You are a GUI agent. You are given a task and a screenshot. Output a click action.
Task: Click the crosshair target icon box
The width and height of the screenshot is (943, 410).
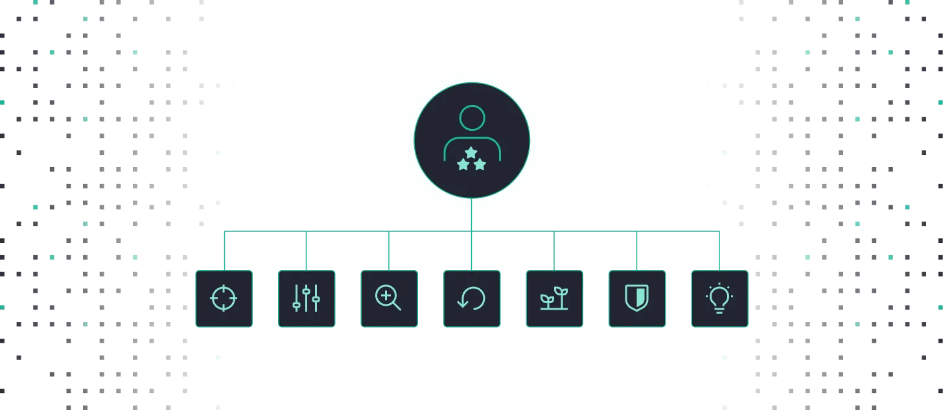click(x=224, y=299)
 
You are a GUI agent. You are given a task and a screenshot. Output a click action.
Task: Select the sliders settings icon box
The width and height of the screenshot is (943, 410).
click(x=307, y=299)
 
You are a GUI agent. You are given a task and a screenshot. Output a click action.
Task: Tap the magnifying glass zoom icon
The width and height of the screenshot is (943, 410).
click(x=388, y=299)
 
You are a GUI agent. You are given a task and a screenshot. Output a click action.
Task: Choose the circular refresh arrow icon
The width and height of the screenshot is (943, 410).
click(x=471, y=299)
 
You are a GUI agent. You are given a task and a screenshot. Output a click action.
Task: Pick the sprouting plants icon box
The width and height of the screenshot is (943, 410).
click(x=554, y=299)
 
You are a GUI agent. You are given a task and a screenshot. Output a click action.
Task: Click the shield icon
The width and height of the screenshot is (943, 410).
click(x=636, y=299)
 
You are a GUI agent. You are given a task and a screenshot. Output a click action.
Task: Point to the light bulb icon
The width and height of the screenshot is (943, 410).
click(x=719, y=299)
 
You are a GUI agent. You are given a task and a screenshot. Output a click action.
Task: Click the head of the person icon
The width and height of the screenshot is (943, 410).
click(x=472, y=118)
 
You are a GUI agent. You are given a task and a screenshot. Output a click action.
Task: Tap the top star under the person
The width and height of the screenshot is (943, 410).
click(x=471, y=152)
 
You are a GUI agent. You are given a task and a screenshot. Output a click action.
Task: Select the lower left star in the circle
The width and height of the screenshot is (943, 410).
click(x=463, y=165)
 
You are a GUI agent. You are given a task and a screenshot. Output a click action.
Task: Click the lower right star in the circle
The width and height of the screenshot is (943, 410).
click(x=480, y=165)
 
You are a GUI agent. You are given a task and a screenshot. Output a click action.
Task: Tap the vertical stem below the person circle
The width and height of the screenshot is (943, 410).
click(x=472, y=214)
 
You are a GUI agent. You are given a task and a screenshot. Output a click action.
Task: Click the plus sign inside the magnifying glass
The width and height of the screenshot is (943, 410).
click(x=386, y=296)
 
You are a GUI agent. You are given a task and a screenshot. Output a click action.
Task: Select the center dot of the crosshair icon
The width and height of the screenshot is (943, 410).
click(x=224, y=299)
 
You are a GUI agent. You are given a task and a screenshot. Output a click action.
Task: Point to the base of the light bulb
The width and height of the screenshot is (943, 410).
click(x=719, y=310)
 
